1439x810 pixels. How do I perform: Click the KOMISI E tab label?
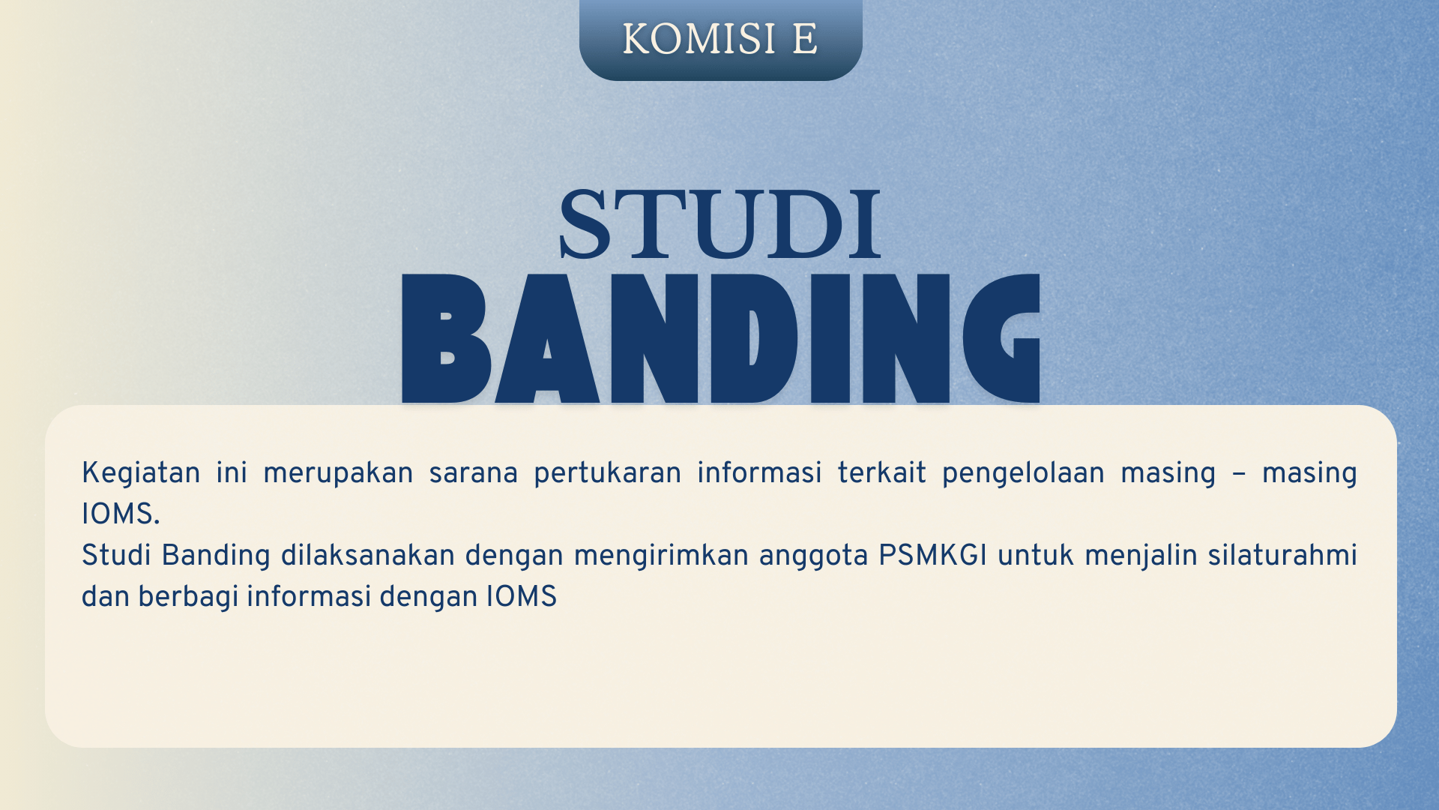(x=720, y=39)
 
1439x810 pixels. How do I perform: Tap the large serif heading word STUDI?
(x=720, y=225)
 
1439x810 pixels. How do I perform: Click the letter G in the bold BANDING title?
(x=1001, y=338)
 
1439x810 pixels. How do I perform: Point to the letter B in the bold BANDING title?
(x=446, y=338)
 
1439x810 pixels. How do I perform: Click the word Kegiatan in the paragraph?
(x=141, y=473)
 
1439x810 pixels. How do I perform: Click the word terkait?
(x=881, y=473)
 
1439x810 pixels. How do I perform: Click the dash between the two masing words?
(x=1238, y=474)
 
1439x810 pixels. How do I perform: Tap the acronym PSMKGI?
(x=932, y=556)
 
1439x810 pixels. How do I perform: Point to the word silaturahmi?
(x=1282, y=556)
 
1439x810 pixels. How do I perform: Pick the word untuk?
(x=1036, y=556)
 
